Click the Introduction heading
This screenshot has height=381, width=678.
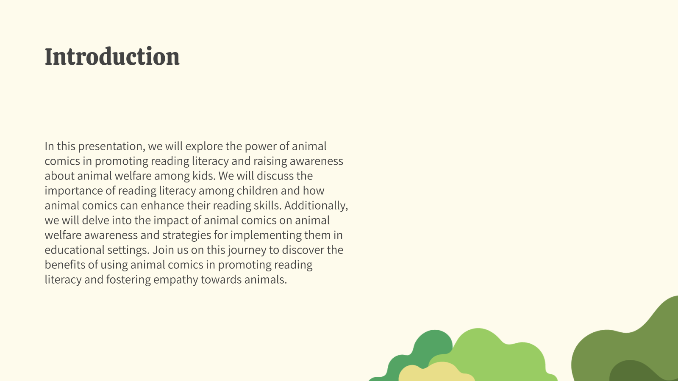(x=112, y=57)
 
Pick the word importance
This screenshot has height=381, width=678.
(x=74, y=191)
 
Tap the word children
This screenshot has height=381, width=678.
(x=257, y=190)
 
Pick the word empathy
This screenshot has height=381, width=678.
(x=176, y=280)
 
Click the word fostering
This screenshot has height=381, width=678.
(x=128, y=280)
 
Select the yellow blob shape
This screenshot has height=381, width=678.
(x=436, y=373)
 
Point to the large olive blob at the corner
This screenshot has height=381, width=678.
(x=630, y=348)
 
